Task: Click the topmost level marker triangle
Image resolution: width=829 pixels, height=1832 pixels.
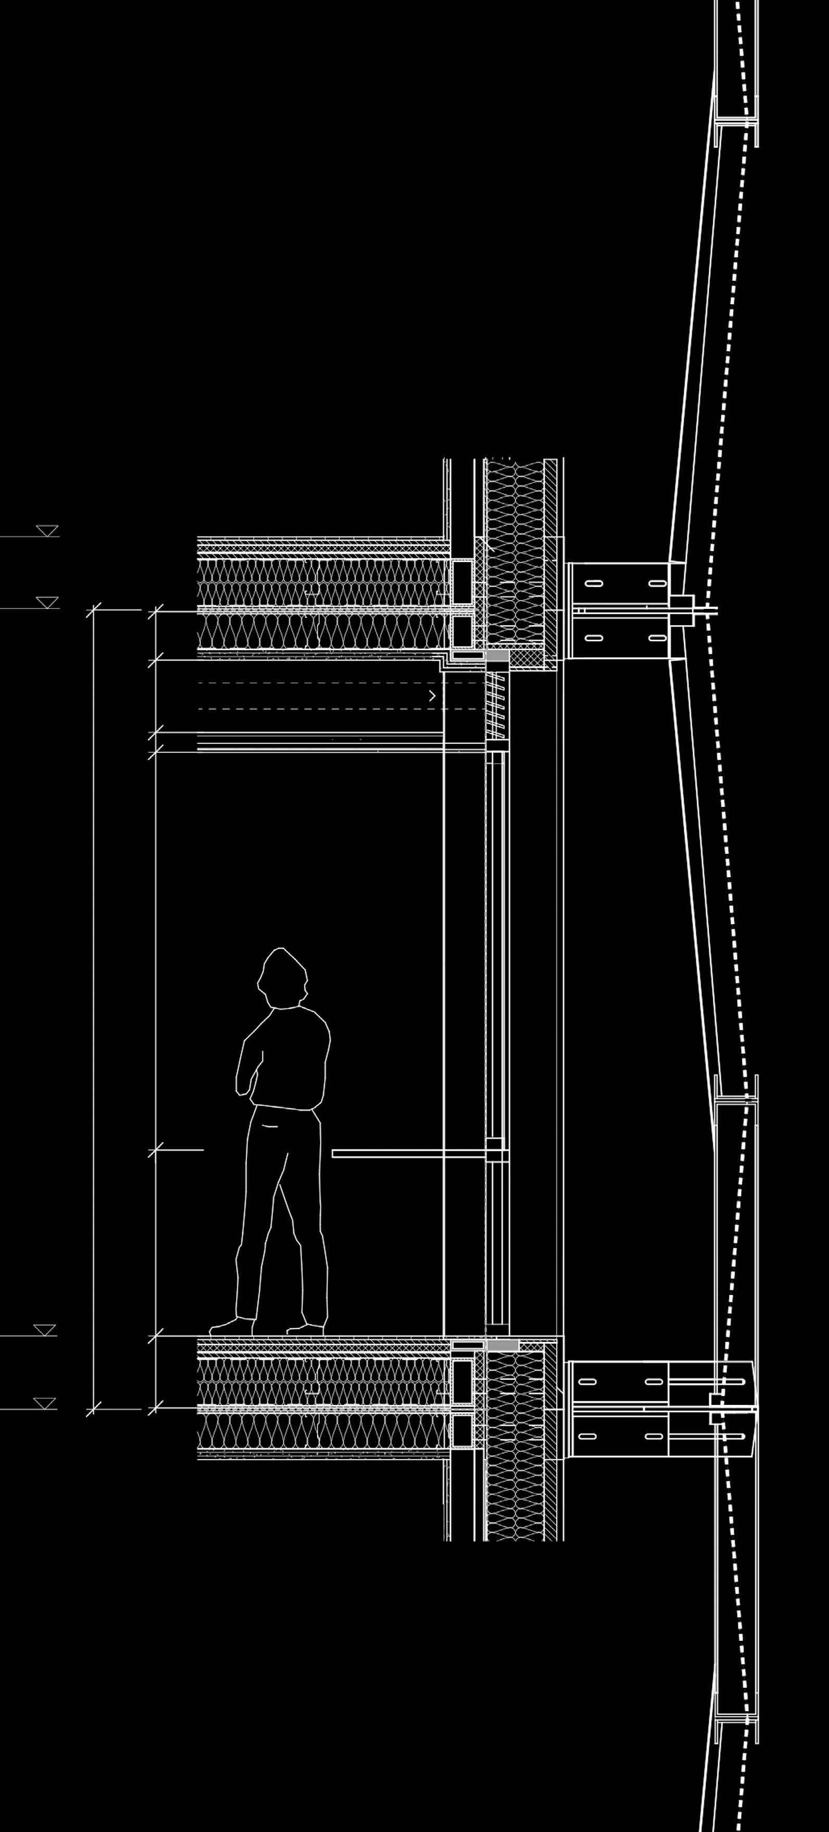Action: pyautogui.click(x=48, y=531)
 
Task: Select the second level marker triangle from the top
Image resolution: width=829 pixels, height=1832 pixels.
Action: pyautogui.click(x=48, y=602)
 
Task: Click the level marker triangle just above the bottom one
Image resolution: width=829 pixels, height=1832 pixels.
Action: pyautogui.click(x=45, y=1330)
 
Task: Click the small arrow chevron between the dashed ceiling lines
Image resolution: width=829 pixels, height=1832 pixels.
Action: pyautogui.click(x=432, y=696)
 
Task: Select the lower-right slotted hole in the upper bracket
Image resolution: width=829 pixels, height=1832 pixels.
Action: pyautogui.click(x=658, y=638)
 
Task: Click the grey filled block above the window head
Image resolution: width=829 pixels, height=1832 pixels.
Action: pyautogui.click(x=497, y=654)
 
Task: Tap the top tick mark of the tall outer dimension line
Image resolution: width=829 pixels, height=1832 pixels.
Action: pyautogui.click(x=94, y=610)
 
